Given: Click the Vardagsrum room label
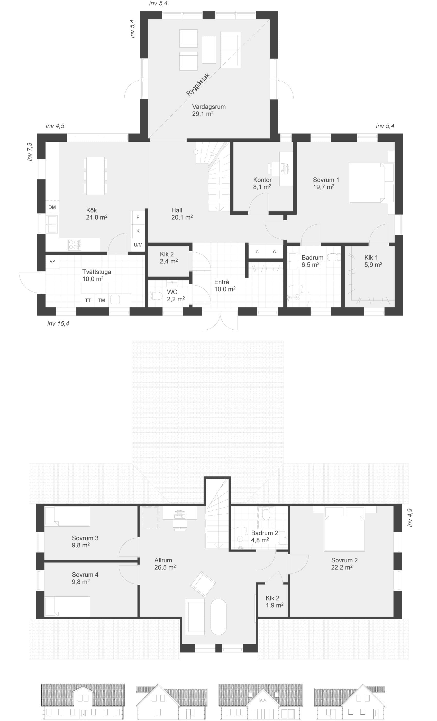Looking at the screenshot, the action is (208, 110).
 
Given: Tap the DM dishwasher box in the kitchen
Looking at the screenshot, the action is (52, 207).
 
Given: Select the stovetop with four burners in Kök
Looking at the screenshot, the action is (74, 245).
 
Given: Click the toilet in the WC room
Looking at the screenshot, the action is (156, 296).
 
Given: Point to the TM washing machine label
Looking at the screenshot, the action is (101, 300).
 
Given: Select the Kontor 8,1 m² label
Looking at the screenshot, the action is (262, 183).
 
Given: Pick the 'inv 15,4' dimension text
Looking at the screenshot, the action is (58, 324).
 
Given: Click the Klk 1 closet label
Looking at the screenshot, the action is (373, 261).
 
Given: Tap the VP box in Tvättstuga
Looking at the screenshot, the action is (52, 262).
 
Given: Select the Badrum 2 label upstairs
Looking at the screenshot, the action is (264, 536).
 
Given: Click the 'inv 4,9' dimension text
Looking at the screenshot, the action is (410, 518).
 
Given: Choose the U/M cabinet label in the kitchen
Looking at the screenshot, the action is (138, 245).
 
